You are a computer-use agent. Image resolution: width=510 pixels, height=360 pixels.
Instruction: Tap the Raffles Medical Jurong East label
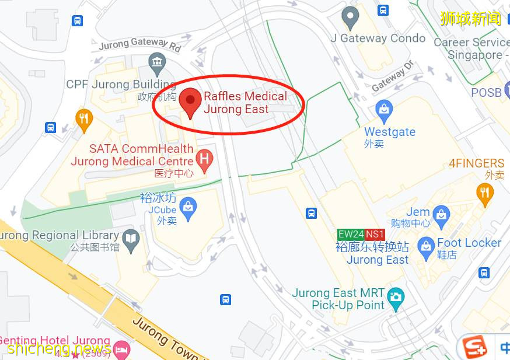245,103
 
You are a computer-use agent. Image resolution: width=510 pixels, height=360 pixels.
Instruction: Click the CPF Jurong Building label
121,85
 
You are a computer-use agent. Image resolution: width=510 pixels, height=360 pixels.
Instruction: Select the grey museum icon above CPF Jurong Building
156,61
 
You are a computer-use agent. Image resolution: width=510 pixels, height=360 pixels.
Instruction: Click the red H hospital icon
204,158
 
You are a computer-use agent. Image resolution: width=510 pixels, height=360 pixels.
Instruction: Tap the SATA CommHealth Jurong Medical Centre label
132,155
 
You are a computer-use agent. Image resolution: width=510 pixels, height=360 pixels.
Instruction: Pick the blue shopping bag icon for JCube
188,207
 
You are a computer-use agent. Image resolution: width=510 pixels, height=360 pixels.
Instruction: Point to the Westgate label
390,132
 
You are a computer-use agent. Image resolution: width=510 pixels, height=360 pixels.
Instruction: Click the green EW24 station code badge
351,235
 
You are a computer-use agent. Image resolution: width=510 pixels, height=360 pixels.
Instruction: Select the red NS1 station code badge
375,235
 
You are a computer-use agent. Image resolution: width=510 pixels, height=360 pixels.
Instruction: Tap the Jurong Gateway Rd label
140,44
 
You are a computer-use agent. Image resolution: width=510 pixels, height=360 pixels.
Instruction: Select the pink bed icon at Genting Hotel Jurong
121,349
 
